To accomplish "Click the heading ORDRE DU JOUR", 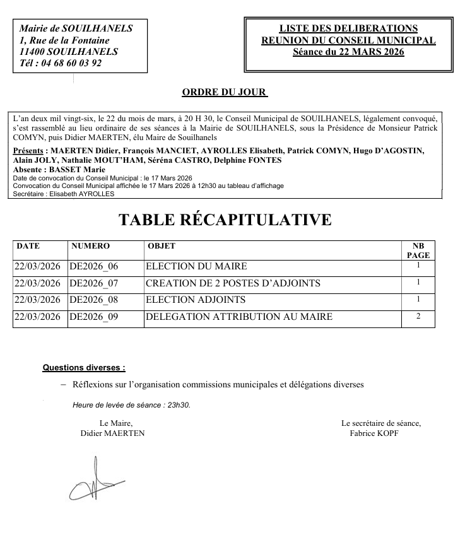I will [224, 93].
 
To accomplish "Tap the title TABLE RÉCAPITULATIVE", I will [225, 220].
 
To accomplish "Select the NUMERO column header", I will [91, 246].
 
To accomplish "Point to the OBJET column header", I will [161, 246].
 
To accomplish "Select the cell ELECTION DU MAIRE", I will [196, 267].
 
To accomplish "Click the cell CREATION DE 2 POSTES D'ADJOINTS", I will [233, 283].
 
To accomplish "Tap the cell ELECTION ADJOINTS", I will [196, 300].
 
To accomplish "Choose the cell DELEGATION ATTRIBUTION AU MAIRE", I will [238, 317].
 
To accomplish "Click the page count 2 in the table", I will [418, 316].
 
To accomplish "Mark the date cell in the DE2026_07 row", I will [37, 283].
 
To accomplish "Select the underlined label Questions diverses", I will [83, 367].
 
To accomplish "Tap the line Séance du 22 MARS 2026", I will [348, 52].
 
